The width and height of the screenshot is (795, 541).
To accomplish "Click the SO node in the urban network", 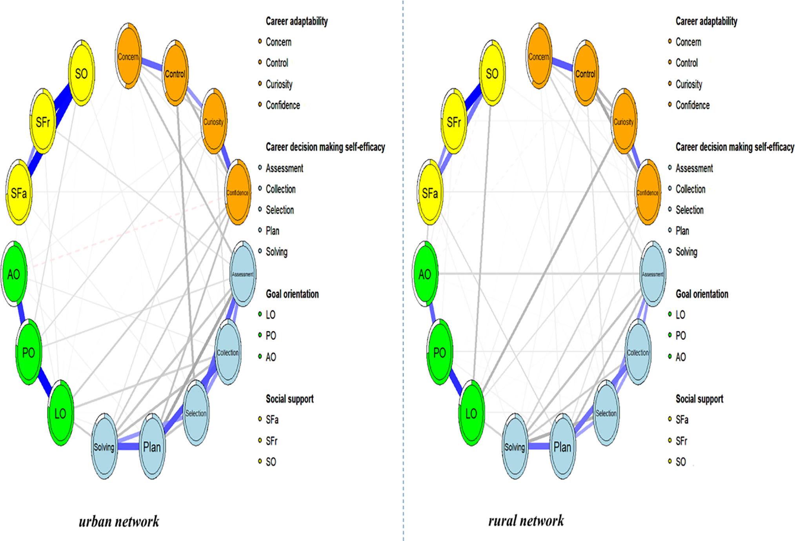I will tap(81, 73).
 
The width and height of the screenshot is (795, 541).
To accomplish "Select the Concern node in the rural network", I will tap(538, 56).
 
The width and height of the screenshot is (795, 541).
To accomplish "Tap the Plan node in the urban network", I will tap(152, 447).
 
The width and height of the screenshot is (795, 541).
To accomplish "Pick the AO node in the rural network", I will tap(425, 274).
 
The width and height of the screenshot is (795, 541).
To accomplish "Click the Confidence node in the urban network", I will tap(238, 192).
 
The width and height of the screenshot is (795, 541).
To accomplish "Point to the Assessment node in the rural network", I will tap(653, 274).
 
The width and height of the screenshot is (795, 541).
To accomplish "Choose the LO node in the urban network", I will tap(60, 413).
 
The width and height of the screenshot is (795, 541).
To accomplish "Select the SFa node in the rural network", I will tap(430, 192).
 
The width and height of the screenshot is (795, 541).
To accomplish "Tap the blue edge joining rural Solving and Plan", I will tap(538, 446).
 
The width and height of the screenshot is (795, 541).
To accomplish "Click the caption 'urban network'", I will tap(119, 521).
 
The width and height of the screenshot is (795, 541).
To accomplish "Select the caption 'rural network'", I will tap(526, 521).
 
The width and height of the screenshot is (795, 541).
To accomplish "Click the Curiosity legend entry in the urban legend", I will tap(279, 84).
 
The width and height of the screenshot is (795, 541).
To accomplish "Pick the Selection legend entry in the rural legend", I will tap(689, 210).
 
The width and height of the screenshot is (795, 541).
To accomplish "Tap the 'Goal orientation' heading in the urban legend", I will tap(292, 294).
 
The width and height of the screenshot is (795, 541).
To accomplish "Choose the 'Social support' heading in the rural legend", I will tap(699, 399).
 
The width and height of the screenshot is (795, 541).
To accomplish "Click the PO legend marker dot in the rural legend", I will tap(670, 335).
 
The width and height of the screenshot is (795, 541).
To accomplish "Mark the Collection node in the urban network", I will tap(228, 352).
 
